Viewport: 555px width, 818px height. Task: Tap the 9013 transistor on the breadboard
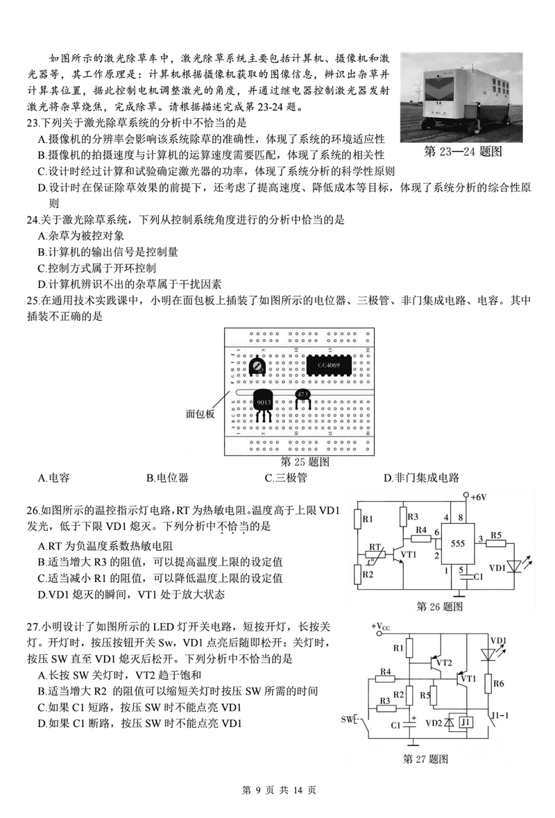coord(264,404)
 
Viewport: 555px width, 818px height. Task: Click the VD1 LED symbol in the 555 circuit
coord(515,565)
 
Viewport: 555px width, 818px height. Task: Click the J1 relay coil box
coord(466,722)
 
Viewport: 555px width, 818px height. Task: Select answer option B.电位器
coord(167,477)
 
